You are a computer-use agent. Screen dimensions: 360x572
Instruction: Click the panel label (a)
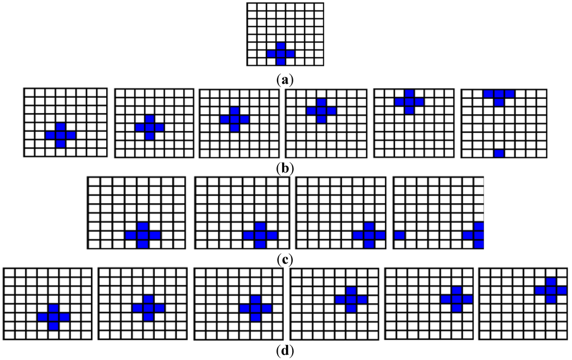(285, 80)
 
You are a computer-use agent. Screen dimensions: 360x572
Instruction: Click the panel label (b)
(285, 167)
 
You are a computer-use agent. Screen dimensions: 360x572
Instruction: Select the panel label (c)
(285, 259)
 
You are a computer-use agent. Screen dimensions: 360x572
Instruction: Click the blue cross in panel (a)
(280, 54)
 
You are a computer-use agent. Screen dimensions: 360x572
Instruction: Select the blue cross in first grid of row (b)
(60, 135)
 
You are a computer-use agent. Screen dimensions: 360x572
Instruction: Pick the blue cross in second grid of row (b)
(149, 127)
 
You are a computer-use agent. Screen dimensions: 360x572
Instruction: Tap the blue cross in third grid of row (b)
(234, 119)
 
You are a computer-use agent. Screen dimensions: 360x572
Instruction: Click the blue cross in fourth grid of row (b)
(321, 111)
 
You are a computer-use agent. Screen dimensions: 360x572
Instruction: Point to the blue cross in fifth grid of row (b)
(409, 102)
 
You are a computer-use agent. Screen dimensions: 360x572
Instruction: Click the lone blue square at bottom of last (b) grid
(499, 153)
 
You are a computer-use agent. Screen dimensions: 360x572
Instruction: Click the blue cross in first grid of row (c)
(142, 235)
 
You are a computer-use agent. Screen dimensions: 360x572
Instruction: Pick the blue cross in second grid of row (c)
(260, 235)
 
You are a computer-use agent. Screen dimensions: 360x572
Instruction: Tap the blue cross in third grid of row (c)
(369, 235)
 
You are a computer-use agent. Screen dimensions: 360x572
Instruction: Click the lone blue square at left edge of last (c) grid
(399, 236)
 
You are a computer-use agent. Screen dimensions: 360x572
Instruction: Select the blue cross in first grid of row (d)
(53, 317)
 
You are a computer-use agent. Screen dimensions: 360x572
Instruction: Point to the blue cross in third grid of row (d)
(255, 308)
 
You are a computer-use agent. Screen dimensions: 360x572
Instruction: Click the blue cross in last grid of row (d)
(551, 290)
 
